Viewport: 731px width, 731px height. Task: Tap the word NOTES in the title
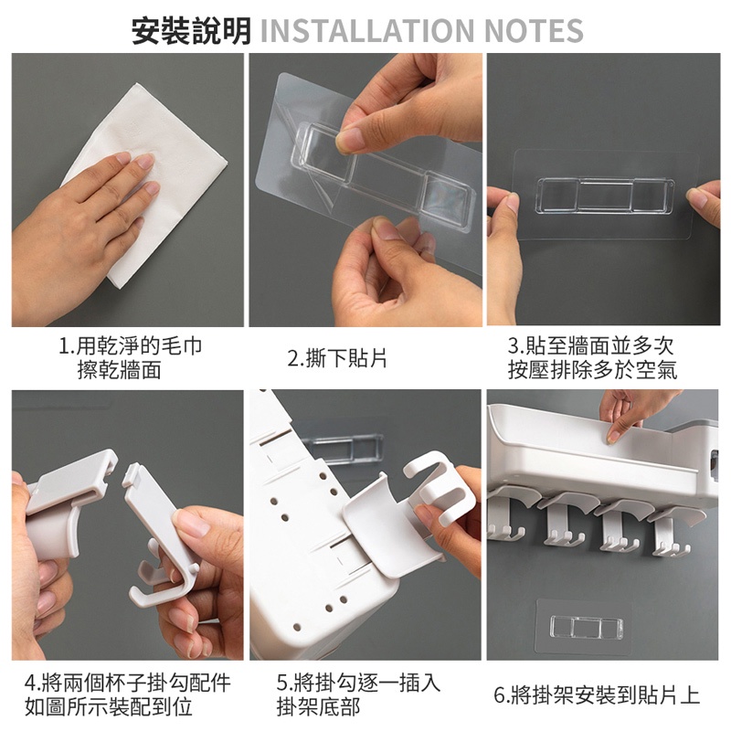tap(534, 31)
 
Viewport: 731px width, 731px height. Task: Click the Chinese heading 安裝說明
tap(191, 31)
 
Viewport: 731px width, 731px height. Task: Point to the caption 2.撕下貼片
tap(337, 358)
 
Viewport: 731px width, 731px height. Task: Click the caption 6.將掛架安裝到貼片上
tap(598, 695)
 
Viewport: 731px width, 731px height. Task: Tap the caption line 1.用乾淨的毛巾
tap(131, 346)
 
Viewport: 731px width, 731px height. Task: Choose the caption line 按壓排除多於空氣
tap(592, 370)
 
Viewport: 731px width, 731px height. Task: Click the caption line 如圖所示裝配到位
tap(109, 706)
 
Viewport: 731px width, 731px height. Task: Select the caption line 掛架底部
tap(318, 706)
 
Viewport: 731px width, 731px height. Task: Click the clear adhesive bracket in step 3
tap(605, 195)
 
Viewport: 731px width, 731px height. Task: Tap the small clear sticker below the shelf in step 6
tap(586, 627)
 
